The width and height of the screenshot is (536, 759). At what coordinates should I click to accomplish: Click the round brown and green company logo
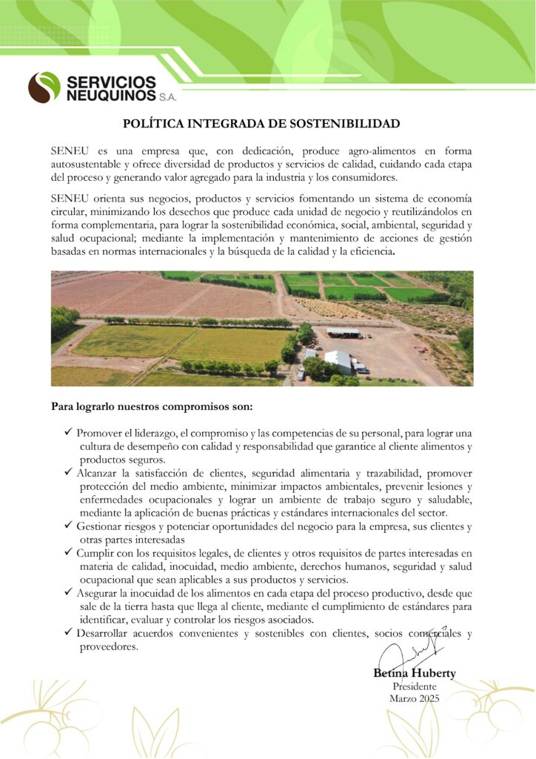point(44,87)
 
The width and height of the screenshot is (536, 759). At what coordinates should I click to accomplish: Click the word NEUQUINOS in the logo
point(110,96)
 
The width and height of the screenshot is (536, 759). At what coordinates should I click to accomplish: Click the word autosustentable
point(92,164)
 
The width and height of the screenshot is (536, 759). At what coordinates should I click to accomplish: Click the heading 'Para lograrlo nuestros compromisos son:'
point(152,406)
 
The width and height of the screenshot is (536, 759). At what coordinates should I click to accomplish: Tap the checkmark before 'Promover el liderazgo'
point(67,431)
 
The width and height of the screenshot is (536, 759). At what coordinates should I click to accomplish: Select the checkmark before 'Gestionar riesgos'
point(67,526)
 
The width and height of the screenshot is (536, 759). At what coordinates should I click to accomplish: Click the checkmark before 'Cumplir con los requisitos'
point(67,552)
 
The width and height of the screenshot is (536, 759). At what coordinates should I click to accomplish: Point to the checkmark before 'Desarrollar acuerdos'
point(67,633)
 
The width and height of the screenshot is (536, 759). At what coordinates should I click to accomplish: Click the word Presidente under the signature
point(414,686)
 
